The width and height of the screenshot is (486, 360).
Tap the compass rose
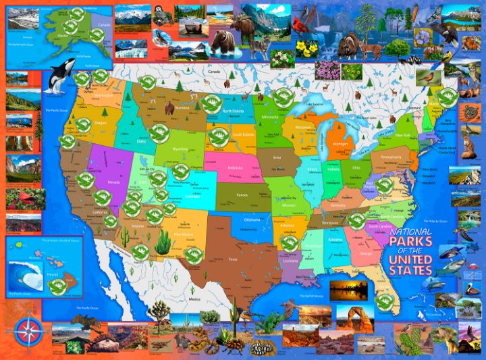point(28,330)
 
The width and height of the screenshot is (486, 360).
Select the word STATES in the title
point(410,269)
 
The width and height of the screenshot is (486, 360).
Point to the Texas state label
point(234,259)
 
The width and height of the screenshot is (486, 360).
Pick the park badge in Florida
point(383,300)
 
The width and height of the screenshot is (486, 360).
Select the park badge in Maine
point(444,97)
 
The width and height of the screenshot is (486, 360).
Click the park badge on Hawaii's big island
point(57,285)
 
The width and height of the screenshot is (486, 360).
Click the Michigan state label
point(340,144)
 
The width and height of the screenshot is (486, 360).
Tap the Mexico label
point(196,299)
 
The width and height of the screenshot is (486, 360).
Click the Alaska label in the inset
point(61,38)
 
